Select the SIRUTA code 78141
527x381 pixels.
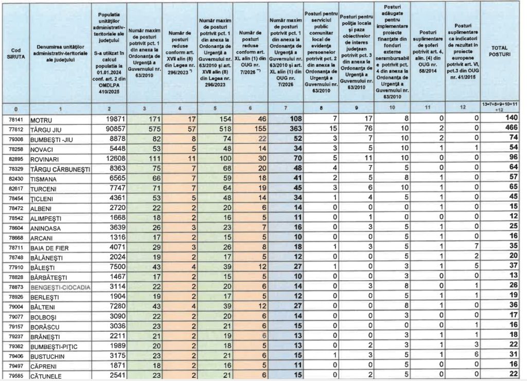point(15,119)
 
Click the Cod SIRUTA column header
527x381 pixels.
point(15,53)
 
